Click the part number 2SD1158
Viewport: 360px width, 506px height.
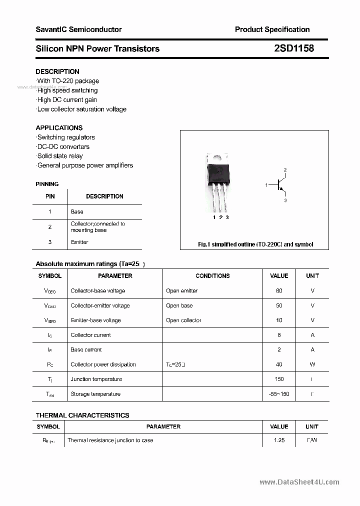point(294,48)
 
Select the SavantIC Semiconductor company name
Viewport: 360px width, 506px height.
point(78,29)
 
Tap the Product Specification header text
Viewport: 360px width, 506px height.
point(272,29)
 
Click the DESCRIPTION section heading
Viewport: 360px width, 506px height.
point(57,71)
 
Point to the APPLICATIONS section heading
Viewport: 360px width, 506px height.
point(59,127)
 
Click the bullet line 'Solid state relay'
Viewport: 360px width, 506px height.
point(60,156)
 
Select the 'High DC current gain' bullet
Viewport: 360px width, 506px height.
point(67,99)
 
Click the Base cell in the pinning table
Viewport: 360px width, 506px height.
point(77,211)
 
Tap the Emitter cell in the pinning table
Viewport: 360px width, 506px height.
point(79,242)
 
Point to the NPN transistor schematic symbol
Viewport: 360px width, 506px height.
point(279,185)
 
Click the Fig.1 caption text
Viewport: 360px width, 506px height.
point(255,244)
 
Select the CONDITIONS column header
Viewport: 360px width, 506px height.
point(212,275)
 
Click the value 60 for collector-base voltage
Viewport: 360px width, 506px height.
point(279,290)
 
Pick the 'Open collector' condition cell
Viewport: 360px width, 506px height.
point(183,320)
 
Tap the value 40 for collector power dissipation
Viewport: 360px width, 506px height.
point(279,364)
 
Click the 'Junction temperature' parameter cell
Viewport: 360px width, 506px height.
point(96,379)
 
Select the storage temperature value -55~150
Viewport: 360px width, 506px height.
point(279,394)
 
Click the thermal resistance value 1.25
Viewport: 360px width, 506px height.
point(279,440)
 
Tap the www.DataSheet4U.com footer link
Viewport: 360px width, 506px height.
point(299,482)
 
